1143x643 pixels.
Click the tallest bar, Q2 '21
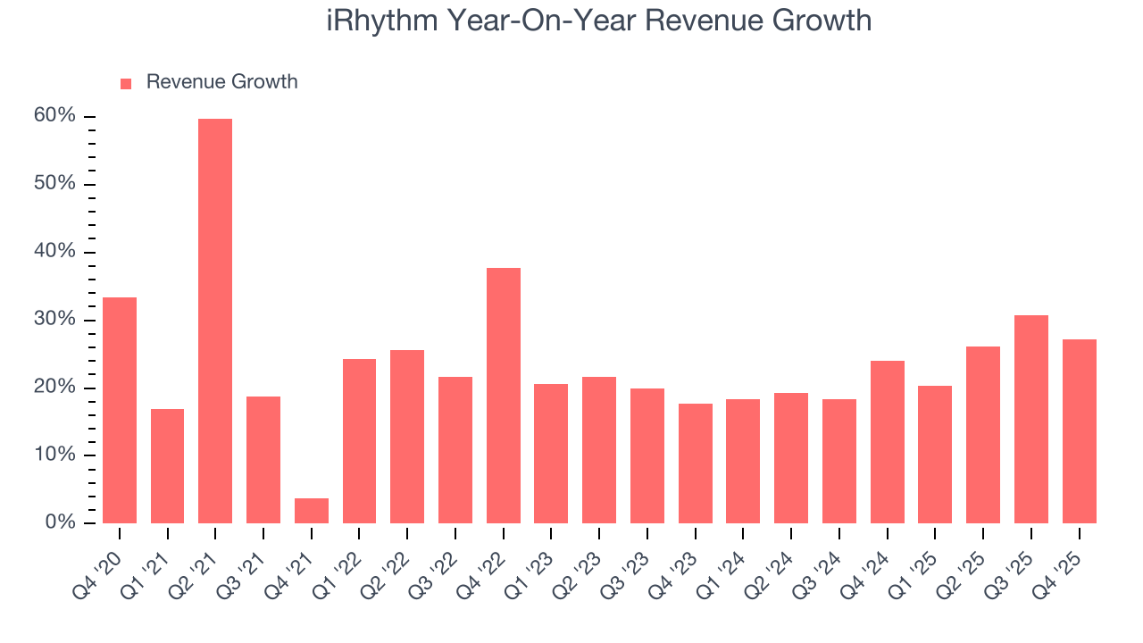coord(215,321)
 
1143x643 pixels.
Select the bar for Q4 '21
coord(312,511)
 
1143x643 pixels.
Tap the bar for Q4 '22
coord(504,396)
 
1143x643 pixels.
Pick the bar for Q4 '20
coord(120,411)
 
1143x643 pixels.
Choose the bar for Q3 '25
coord(1031,420)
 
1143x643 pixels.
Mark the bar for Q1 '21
coord(167,466)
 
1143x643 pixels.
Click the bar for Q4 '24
coord(888,442)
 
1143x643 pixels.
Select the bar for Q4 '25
coord(1080,431)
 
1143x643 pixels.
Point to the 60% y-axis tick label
coord(55,116)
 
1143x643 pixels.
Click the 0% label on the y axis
coord(61,522)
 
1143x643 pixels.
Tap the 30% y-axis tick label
coord(55,320)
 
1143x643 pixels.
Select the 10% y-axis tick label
coord(55,455)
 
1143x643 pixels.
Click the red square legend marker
coord(126,83)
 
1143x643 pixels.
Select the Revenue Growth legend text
coord(221,82)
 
